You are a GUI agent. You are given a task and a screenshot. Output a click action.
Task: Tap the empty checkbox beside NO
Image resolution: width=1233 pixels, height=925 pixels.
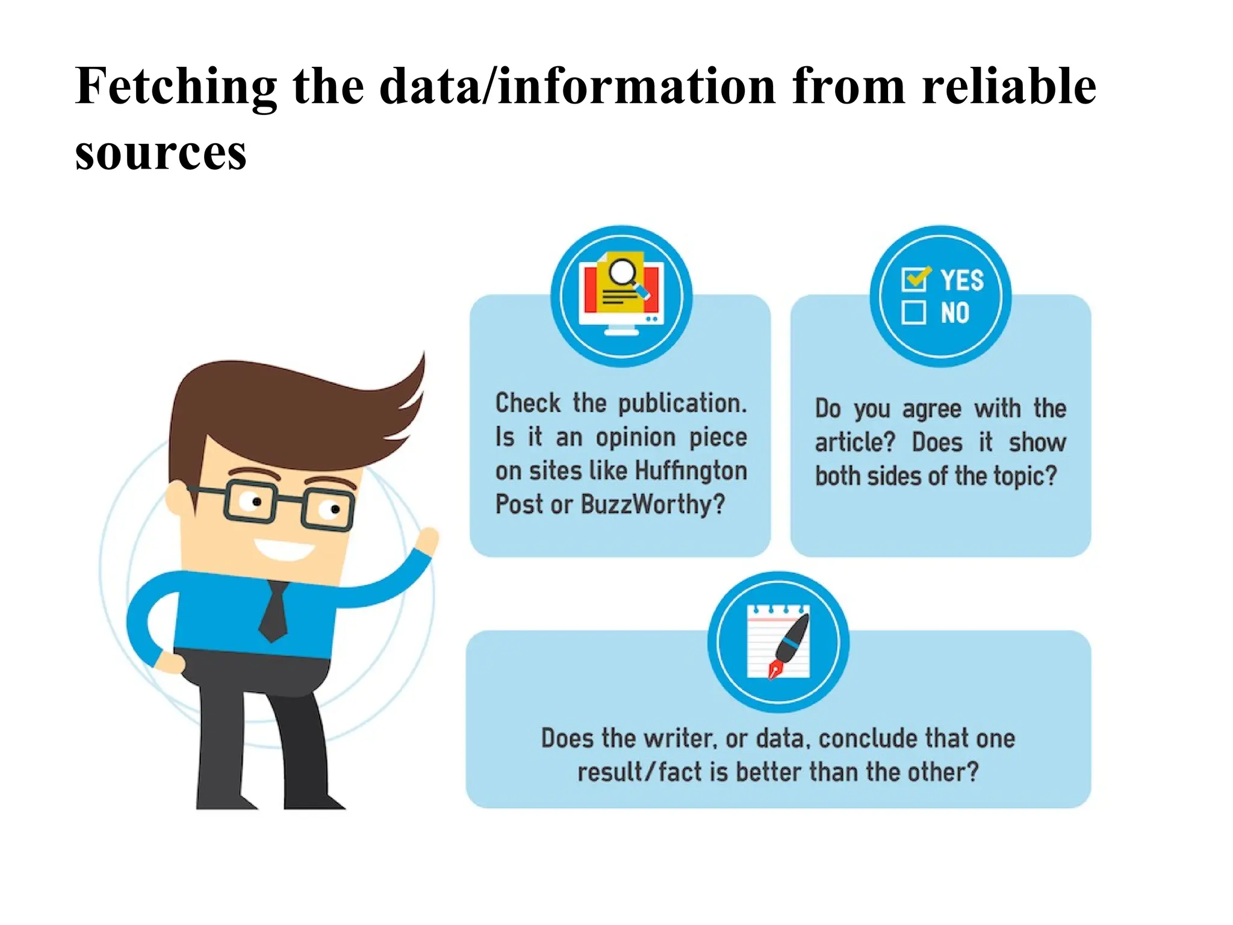coord(913,313)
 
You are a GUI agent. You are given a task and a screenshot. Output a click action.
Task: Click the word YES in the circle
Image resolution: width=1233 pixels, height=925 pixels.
coord(962,280)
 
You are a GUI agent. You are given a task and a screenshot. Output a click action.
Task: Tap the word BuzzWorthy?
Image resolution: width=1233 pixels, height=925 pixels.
coord(653,505)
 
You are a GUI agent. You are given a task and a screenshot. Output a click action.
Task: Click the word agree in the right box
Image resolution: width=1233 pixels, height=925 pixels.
coord(931,410)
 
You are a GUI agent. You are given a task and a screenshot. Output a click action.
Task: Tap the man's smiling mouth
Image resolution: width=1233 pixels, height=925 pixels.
coord(284,548)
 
